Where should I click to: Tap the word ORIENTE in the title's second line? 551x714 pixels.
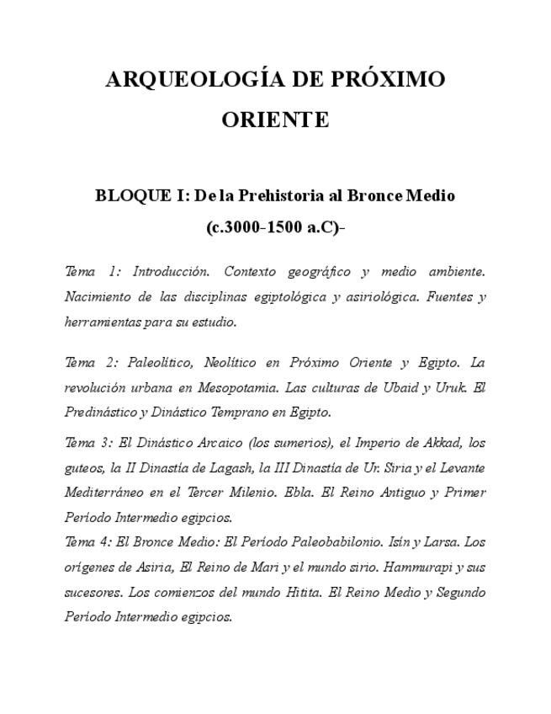(275, 120)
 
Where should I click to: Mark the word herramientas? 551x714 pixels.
(102, 322)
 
